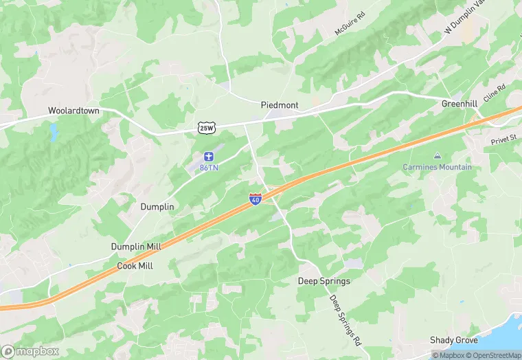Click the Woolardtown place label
coord(74,111)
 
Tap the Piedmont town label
coord(280,105)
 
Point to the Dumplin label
coord(157,207)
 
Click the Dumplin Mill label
coord(137,247)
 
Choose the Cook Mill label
coord(135,265)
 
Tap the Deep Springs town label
coord(324,281)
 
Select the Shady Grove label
coord(453,340)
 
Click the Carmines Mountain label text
coord(438,167)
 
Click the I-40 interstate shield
coord(256,199)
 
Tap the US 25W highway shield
coord(206,128)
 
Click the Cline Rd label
coord(494,93)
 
